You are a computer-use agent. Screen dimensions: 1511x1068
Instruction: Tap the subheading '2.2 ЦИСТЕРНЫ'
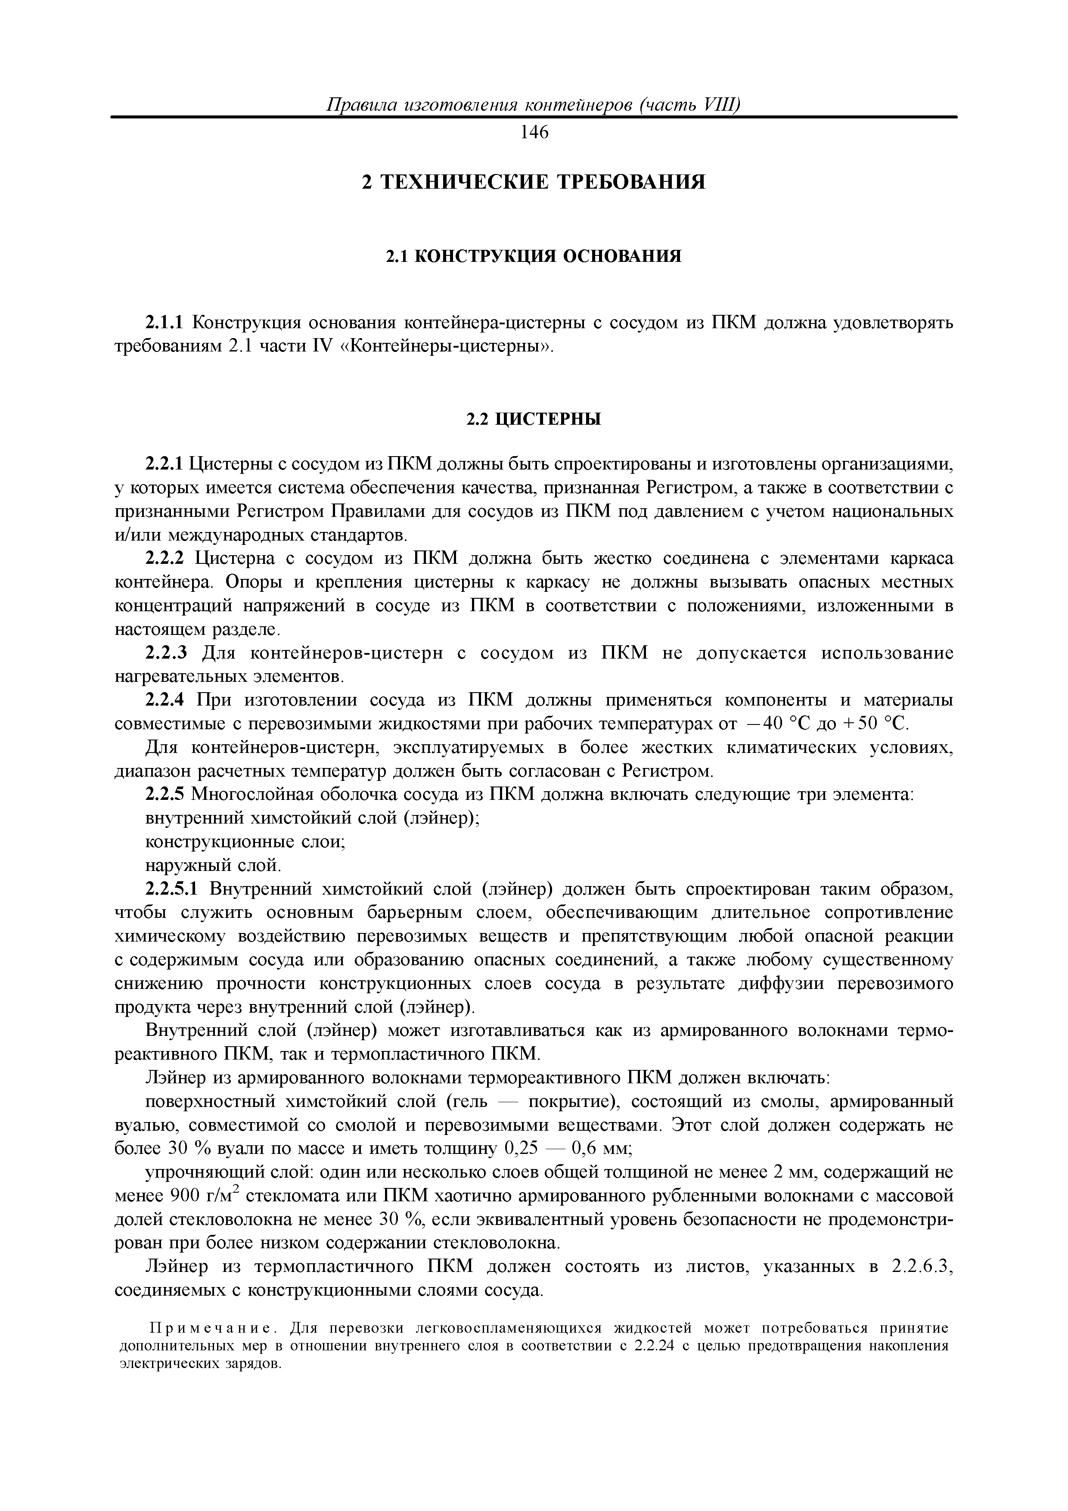pos(534,419)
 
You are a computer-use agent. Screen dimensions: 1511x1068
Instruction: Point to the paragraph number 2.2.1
pos(165,465)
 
